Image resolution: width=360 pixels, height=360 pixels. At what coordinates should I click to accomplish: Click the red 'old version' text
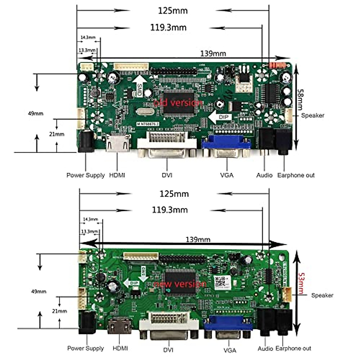point(178,103)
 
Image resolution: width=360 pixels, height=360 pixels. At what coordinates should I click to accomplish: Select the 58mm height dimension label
point(300,99)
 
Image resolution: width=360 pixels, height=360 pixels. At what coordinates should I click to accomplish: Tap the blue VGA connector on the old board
point(226,145)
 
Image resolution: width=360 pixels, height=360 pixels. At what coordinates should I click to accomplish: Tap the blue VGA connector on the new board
point(228,326)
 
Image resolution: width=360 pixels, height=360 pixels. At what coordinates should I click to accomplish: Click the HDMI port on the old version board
point(118,143)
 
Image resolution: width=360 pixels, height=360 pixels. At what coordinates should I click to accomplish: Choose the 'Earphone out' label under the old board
point(296,175)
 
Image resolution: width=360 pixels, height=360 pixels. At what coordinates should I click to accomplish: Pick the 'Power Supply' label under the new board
point(85,348)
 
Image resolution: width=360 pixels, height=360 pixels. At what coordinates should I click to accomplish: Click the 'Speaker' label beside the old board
point(313,115)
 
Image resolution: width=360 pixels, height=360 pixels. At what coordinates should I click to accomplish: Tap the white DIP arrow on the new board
point(132,283)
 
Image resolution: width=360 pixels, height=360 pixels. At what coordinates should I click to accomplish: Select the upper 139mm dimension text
point(213,54)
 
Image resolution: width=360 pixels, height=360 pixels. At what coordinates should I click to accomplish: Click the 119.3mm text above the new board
point(170,210)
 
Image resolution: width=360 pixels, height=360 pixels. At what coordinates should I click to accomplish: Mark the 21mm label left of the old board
point(57,134)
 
